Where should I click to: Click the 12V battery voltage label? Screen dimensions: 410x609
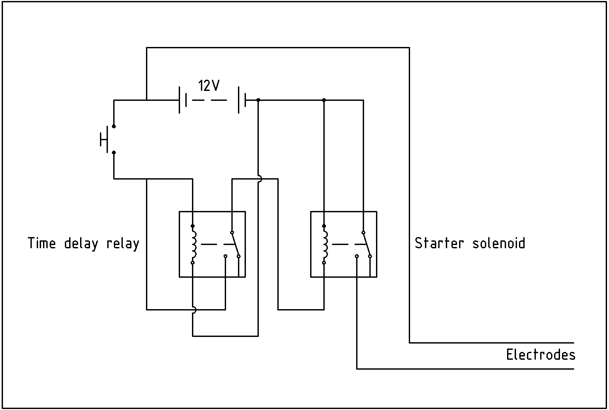[209, 86]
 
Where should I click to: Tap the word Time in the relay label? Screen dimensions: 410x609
[42, 243]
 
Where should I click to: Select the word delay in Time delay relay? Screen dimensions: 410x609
[81, 244]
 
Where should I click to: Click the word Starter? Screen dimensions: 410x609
[439, 243]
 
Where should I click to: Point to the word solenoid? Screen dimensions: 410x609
[498, 243]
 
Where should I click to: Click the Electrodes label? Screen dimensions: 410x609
[540, 355]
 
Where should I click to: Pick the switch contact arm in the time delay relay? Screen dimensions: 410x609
[235, 244]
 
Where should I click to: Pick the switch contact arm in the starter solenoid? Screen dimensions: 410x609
[367, 244]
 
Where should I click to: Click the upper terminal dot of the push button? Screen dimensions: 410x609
[114, 126]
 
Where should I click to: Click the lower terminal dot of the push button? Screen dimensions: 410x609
[114, 152]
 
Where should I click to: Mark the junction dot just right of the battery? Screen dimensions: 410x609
[258, 100]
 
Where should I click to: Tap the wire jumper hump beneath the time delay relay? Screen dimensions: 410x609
[194, 310]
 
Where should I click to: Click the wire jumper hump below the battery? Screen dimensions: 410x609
[260, 179]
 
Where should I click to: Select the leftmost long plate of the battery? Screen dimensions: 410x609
[179, 100]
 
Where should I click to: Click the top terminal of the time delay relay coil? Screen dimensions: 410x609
[193, 226]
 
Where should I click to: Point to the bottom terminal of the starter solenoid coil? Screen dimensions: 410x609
[324, 263]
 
